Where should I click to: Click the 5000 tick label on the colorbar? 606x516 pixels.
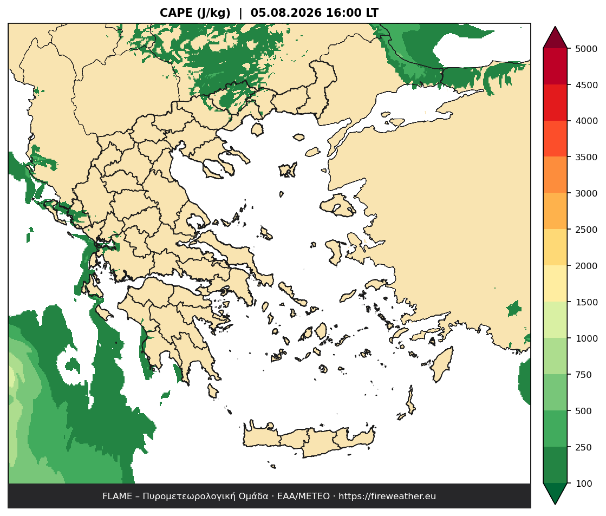point(587,49)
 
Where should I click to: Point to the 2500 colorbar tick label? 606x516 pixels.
point(587,230)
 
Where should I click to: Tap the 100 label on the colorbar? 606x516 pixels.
point(584,484)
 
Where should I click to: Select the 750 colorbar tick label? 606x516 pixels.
point(584,375)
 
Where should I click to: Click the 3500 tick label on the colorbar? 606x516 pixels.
point(587,157)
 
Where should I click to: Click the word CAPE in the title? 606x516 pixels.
point(176,13)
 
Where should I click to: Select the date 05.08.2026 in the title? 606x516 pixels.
point(286,13)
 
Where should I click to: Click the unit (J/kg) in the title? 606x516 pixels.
point(214,13)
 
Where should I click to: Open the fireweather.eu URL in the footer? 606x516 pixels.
point(387,497)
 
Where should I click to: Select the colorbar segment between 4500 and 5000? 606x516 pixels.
point(556,67)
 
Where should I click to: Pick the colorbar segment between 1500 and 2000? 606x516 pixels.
point(556,284)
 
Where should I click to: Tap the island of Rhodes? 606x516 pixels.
point(442,364)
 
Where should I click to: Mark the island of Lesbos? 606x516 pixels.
point(338,205)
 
